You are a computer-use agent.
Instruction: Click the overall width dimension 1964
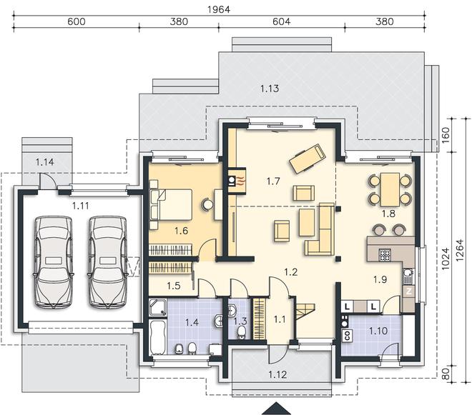click(x=219, y=9)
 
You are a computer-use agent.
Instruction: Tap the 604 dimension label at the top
click(x=282, y=21)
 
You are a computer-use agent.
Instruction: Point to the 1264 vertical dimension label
click(x=460, y=250)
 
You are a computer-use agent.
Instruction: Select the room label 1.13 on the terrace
click(x=270, y=89)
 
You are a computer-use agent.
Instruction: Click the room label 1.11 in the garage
click(x=81, y=206)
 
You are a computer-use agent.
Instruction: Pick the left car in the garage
click(x=54, y=262)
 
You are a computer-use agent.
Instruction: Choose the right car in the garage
click(x=107, y=262)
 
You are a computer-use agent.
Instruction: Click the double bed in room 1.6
click(x=171, y=204)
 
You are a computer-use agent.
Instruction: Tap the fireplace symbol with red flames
click(x=237, y=181)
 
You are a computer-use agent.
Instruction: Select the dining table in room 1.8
click(x=390, y=189)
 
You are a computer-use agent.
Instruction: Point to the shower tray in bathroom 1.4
click(x=158, y=307)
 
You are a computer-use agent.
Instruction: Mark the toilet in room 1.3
click(x=241, y=333)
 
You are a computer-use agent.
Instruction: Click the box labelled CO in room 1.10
click(x=348, y=336)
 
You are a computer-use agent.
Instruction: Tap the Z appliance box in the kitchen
click(x=409, y=291)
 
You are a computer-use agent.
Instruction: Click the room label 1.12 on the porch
click(x=277, y=375)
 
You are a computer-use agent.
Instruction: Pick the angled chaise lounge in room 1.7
click(x=308, y=159)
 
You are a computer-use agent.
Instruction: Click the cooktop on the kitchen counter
click(x=385, y=255)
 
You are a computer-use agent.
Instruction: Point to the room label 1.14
click(x=45, y=162)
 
